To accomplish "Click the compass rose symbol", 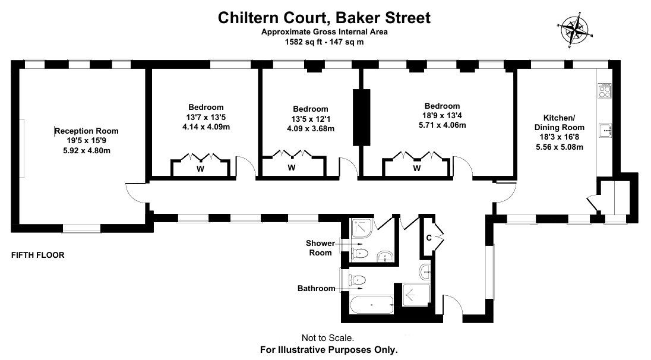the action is (576, 30).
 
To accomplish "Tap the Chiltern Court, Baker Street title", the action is (324, 18).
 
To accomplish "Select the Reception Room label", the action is (87, 131).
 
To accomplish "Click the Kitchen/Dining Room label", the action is (560, 122).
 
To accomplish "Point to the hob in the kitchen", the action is (605, 90).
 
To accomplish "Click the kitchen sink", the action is (605, 130).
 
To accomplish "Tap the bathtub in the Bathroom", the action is (372, 305).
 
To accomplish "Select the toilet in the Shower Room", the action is (359, 253).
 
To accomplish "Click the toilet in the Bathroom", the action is (357, 280).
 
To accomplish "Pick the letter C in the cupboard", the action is (429, 238).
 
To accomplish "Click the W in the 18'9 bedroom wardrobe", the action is (417, 168).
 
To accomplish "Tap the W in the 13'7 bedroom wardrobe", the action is (200, 169).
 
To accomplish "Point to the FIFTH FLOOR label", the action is (38, 255).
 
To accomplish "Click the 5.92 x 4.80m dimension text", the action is (87, 151).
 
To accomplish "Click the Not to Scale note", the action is (328, 338).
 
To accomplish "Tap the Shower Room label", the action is (321, 248).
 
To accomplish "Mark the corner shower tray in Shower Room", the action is (361, 228).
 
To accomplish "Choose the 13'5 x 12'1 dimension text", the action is (311, 119).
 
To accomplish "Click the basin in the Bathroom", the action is (425, 271).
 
